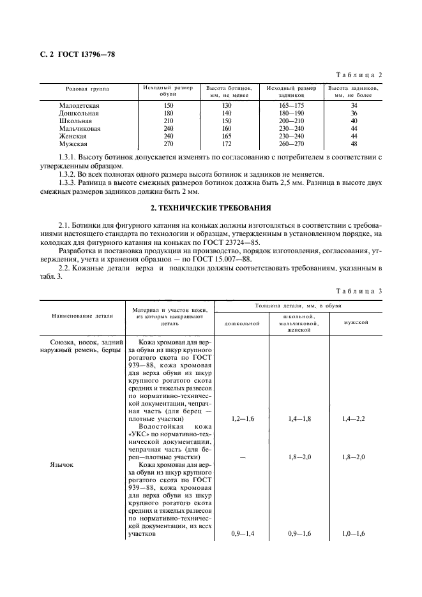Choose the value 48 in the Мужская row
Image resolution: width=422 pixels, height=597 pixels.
pos(354,144)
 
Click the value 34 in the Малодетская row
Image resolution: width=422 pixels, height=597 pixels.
pos(354,105)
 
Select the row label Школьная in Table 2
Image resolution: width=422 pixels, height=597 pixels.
pos(75,120)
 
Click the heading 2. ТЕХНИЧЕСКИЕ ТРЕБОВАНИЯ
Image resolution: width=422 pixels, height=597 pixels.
pos(211,207)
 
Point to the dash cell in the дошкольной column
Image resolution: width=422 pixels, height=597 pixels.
pos(241,457)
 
